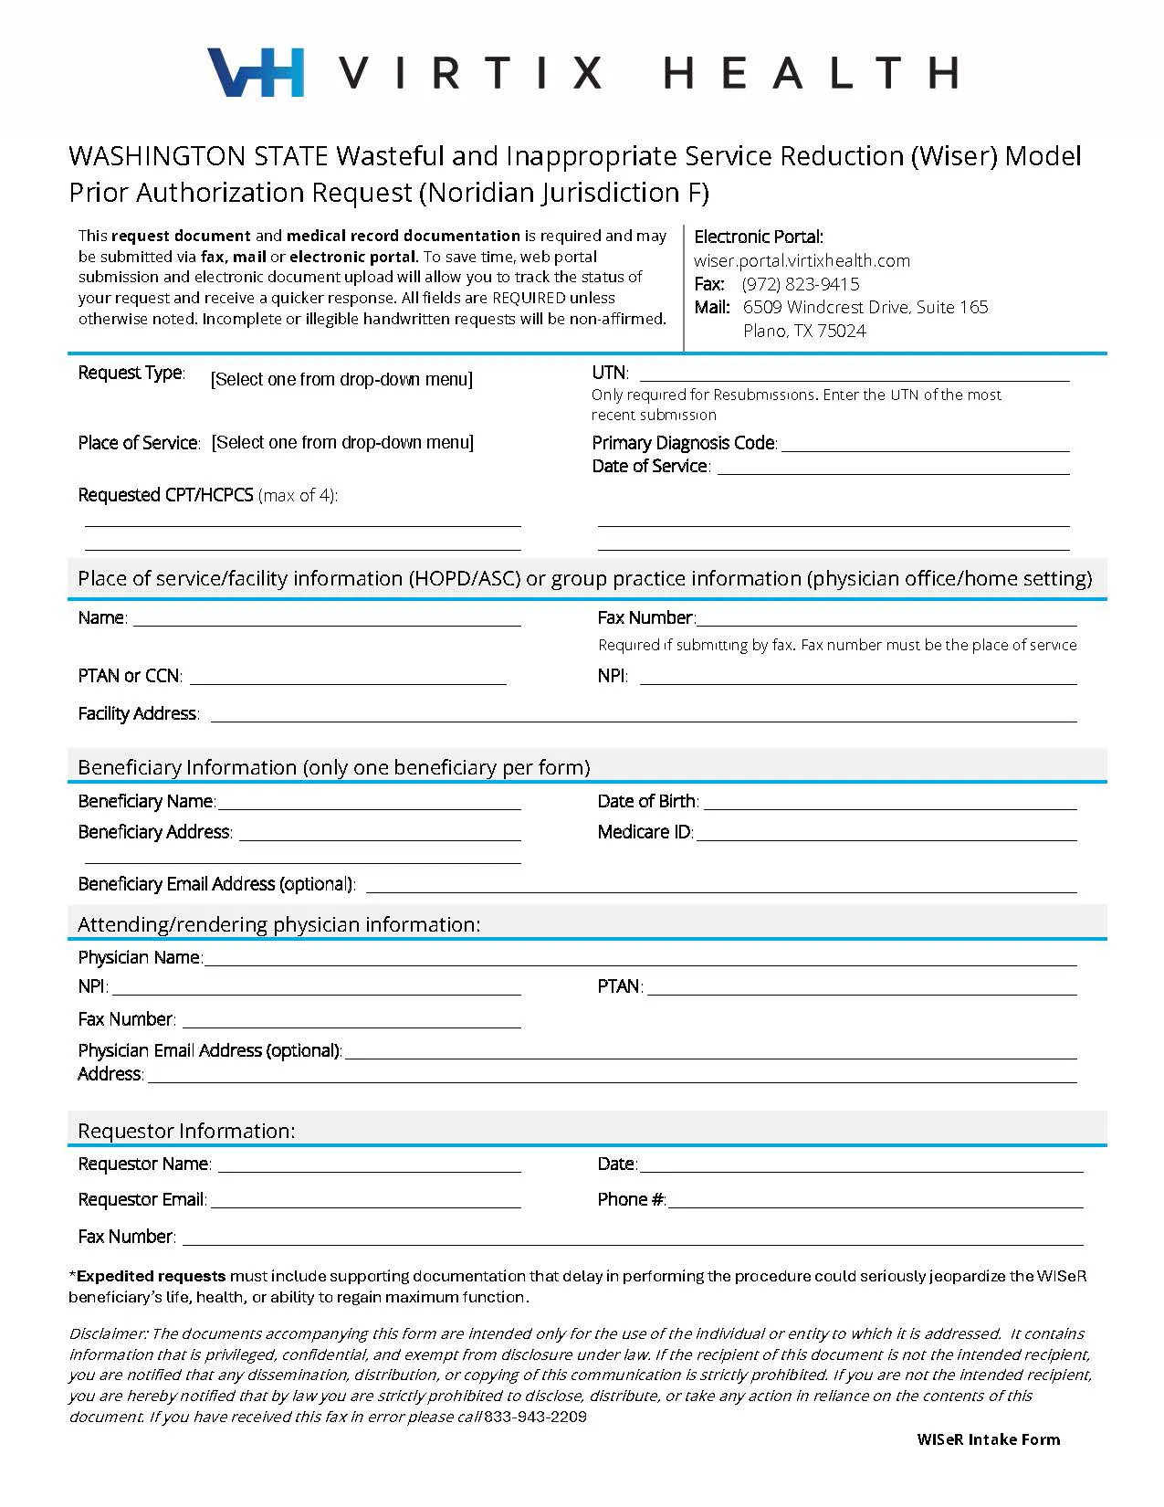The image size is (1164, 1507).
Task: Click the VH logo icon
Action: (x=256, y=72)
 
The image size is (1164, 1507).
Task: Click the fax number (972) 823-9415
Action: (x=800, y=284)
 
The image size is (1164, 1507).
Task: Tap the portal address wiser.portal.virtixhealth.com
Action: (x=802, y=260)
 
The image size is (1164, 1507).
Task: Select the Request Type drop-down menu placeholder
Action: (x=341, y=379)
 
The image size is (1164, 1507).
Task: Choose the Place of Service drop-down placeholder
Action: (x=342, y=443)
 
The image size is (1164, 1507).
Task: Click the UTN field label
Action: (x=609, y=373)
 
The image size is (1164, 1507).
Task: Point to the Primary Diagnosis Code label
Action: (x=684, y=443)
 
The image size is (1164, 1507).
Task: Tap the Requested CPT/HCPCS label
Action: (x=165, y=495)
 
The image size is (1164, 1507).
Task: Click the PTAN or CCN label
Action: (x=130, y=676)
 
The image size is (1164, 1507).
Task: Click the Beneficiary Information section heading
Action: (x=334, y=767)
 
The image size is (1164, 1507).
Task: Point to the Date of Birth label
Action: (x=647, y=801)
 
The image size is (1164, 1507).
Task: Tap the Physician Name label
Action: (x=140, y=957)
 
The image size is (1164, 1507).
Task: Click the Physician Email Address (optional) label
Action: (x=209, y=1050)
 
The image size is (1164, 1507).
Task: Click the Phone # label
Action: (x=631, y=1199)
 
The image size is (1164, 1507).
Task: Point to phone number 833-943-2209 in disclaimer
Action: (x=535, y=1417)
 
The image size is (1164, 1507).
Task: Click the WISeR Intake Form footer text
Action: (x=988, y=1439)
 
